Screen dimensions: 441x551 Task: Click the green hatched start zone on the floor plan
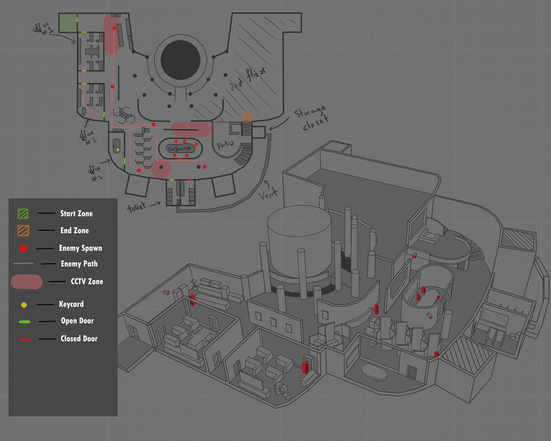click(x=68, y=23)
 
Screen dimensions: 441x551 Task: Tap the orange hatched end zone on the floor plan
click(x=247, y=117)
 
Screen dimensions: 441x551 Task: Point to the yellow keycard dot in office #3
click(x=118, y=150)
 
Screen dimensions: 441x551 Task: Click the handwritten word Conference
click(x=180, y=148)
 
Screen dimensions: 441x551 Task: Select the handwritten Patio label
click(x=225, y=144)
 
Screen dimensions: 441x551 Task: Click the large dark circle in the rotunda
click(x=180, y=60)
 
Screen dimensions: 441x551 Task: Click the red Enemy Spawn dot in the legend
click(x=23, y=248)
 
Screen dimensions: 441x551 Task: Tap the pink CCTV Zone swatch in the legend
click(x=26, y=282)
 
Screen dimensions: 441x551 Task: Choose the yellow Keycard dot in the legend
click(x=24, y=305)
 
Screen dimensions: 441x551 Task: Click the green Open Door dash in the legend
click(x=24, y=322)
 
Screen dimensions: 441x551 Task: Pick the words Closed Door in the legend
click(x=79, y=339)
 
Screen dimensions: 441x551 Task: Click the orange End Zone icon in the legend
click(x=23, y=231)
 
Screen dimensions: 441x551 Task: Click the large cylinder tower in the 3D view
click(x=299, y=241)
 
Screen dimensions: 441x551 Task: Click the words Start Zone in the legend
click(x=76, y=214)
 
